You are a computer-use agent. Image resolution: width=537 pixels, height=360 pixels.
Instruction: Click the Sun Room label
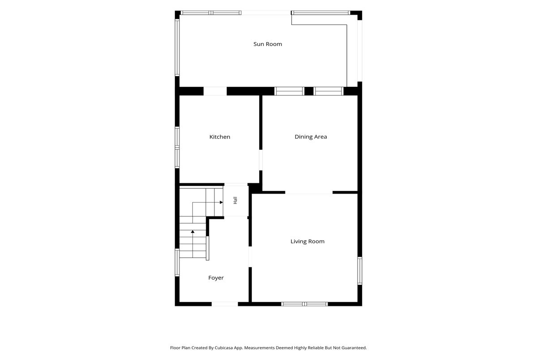(x=268, y=44)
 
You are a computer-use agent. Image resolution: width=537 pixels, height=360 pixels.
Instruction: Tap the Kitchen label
(x=220, y=137)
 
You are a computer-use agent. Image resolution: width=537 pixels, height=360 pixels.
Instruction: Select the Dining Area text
(x=311, y=137)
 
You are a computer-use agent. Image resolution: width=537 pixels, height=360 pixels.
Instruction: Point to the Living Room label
(x=307, y=241)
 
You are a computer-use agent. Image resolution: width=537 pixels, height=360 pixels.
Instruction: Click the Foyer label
(x=216, y=278)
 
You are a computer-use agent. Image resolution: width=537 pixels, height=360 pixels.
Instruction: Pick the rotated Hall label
(x=235, y=200)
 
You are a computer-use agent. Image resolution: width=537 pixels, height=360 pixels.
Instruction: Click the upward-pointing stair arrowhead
(x=192, y=231)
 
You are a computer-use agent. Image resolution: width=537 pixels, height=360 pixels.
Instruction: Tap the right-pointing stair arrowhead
(x=221, y=203)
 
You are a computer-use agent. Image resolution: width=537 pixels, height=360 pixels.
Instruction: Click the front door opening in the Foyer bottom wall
(x=225, y=304)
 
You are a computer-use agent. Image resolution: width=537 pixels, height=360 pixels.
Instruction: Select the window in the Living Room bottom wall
(x=304, y=304)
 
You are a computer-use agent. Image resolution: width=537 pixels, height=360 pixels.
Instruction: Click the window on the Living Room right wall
(x=360, y=271)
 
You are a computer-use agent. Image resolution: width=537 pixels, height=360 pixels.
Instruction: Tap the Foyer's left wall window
(x=177, y=263)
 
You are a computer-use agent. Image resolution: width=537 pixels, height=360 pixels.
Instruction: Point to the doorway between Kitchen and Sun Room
(x=215, y=91)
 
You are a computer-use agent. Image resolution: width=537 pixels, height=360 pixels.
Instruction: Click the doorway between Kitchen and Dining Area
(x=260, y=160)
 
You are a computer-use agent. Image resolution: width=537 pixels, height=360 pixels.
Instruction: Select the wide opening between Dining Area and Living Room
(x=309, y=192)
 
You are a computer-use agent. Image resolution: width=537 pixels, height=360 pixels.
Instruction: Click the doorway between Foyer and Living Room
(x=250, y=257)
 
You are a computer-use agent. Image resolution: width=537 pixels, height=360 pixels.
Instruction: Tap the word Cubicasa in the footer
(x=224, y=348)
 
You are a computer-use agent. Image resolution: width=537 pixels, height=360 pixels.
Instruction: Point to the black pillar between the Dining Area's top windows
(x=309, y=91)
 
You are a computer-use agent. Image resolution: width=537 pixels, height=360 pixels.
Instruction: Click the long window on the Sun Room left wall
(x=177, y=48)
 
